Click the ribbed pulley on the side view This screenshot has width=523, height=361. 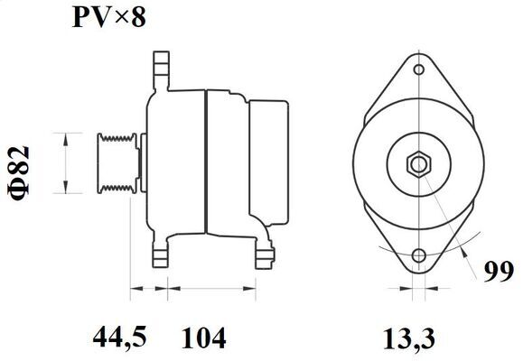click(x=117, y=162)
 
